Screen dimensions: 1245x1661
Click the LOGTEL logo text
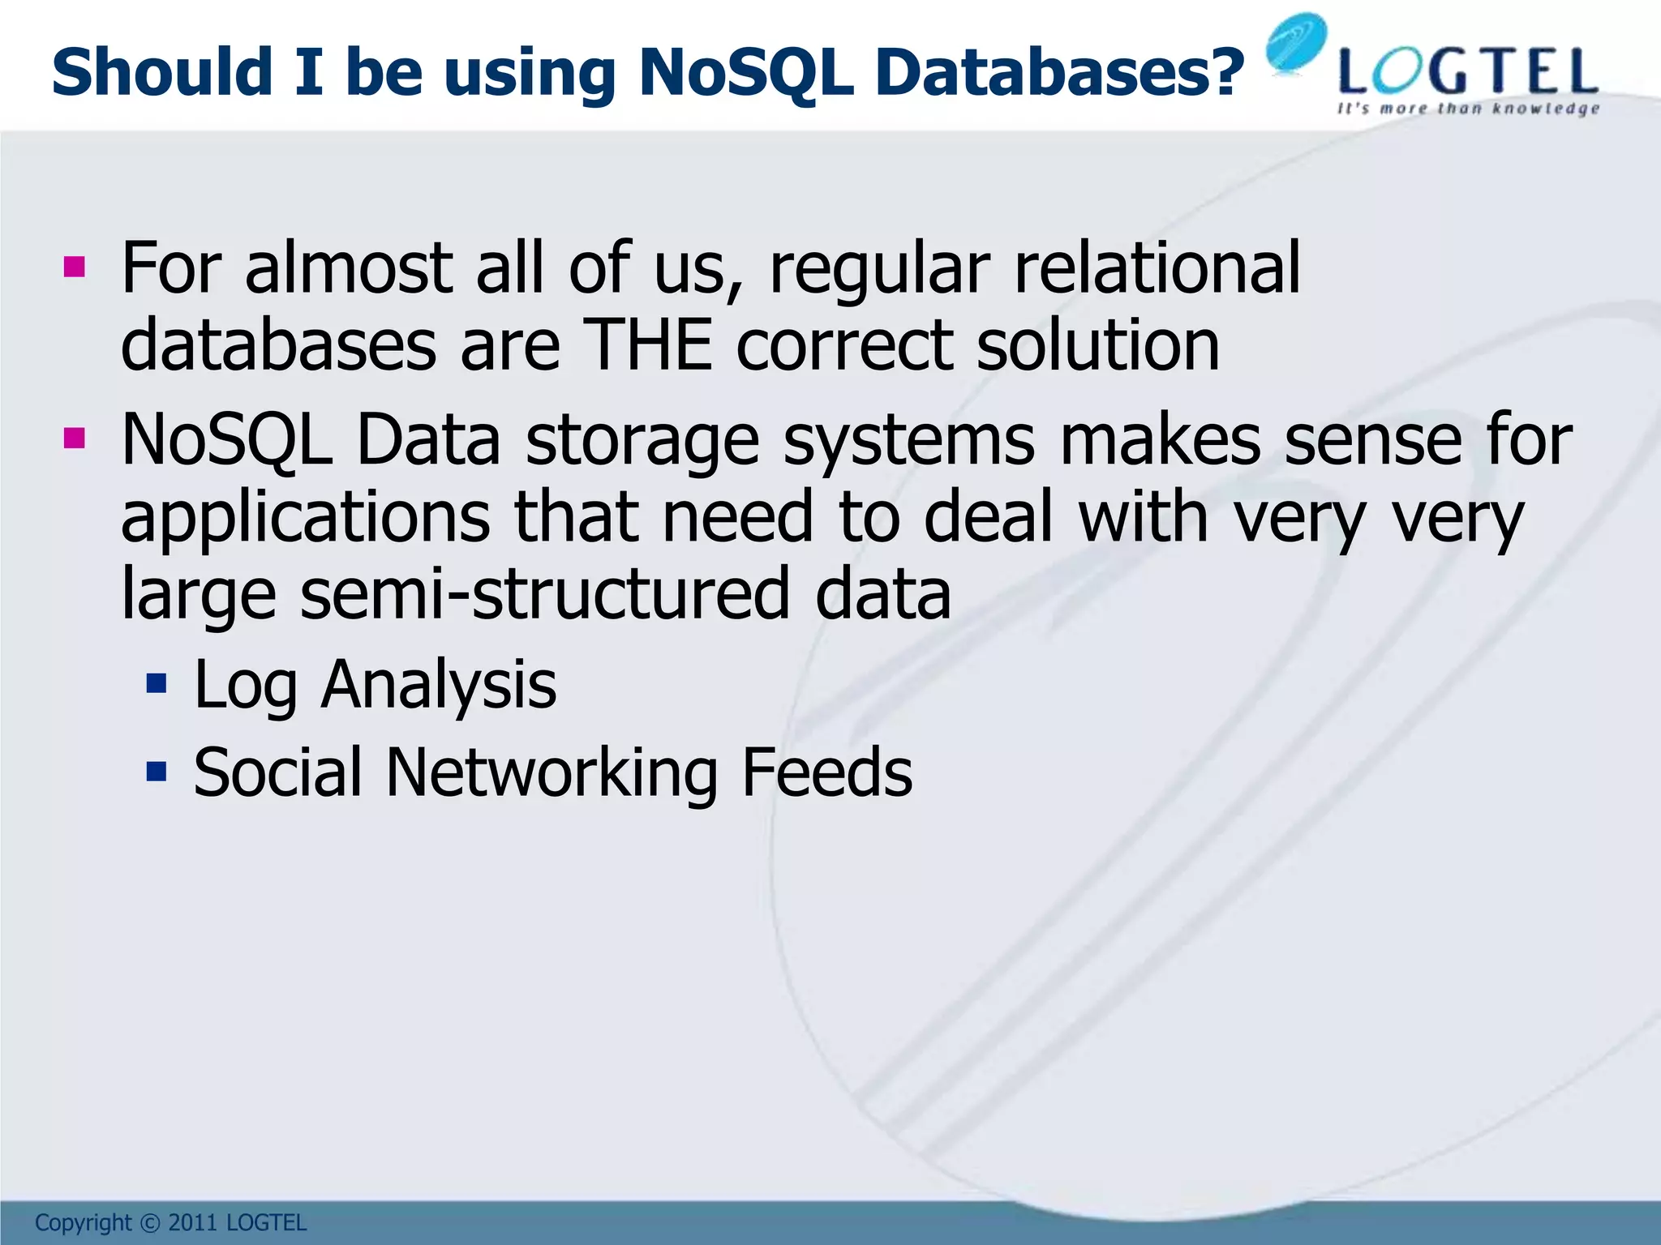[1468, 73]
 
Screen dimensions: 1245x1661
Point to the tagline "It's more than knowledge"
[1468, 109]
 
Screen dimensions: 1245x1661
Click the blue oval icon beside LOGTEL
[1296, 44]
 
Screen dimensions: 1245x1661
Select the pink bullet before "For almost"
[74, 267]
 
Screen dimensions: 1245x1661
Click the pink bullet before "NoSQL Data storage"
[74, 439]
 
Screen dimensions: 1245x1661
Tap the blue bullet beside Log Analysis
[157, 684]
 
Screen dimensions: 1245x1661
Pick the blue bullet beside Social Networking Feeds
[157, 771]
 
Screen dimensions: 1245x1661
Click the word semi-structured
[544, 593]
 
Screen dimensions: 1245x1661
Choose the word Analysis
[439, 686]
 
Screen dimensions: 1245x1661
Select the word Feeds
[826, 772]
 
